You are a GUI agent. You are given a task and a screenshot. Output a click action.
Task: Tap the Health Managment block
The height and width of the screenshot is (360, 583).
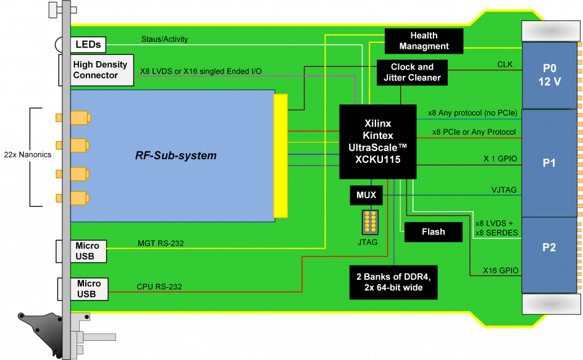point(424,41)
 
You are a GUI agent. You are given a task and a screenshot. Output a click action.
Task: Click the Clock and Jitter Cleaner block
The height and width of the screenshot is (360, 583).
point(412,72)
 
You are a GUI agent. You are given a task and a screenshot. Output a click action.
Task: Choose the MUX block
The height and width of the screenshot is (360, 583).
point(366,195)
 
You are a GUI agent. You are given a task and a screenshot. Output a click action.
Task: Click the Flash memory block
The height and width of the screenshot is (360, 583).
point(433,232)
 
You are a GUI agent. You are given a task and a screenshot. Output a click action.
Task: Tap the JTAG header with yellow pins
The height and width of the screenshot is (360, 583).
point(370,222)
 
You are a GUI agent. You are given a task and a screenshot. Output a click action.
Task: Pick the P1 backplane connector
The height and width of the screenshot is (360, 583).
point(549,163)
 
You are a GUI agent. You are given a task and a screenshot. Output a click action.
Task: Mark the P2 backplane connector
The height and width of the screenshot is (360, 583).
point(549,247)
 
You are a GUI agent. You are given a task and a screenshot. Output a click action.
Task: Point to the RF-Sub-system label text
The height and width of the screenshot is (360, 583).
point(176,156)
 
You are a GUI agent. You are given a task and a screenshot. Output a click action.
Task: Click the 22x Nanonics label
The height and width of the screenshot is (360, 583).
point(28,154)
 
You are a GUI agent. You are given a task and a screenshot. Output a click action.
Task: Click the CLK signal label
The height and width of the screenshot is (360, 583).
point(505,64)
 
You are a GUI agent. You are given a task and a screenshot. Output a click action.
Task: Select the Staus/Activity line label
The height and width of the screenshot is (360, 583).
point(165,40)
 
